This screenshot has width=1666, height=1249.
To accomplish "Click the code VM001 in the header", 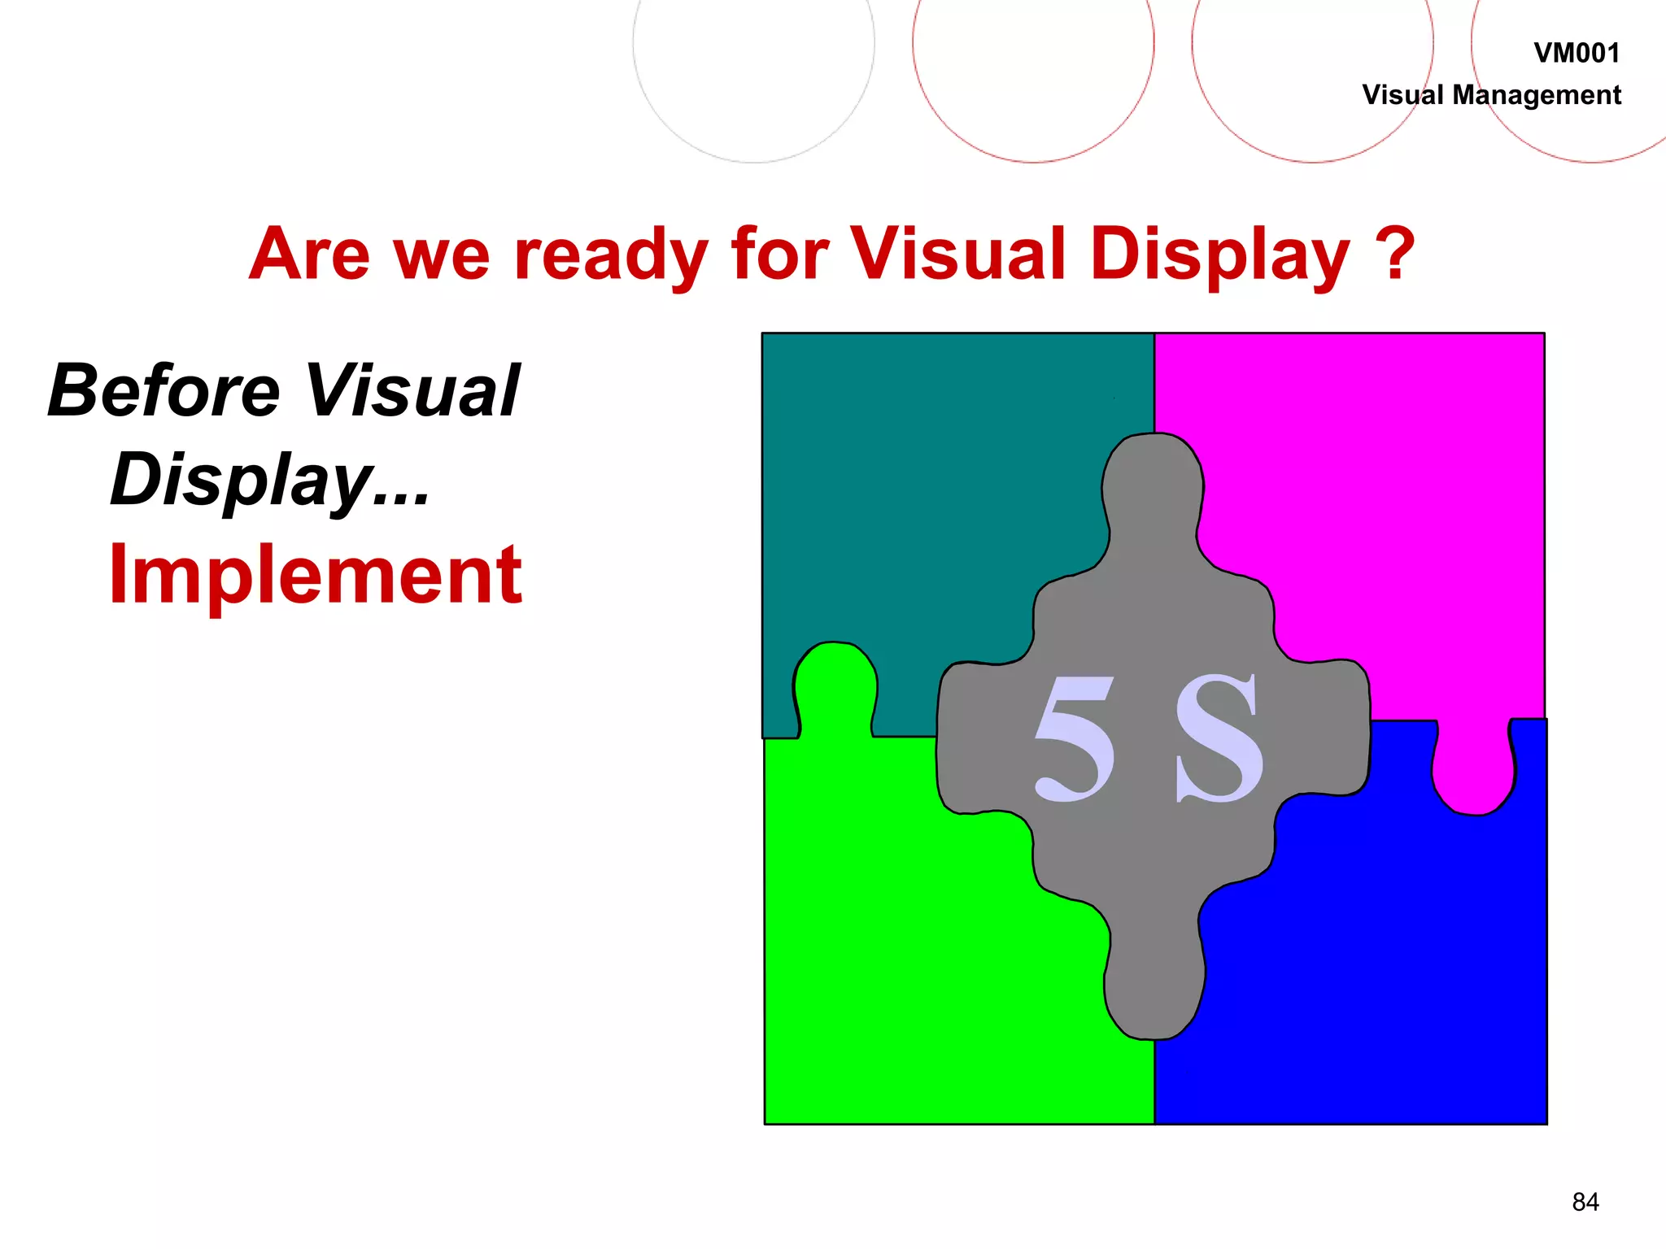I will (1576, 54).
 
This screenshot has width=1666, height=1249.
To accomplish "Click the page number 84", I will (1585, 1202).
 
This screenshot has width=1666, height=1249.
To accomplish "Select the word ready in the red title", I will (611, 255).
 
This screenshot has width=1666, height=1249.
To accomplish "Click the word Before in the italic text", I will (164, 391).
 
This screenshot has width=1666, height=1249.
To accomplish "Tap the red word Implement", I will (316, 575).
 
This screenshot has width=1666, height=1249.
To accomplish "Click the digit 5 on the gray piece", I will (1075, 738).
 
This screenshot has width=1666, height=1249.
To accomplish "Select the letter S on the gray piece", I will (1219, 738).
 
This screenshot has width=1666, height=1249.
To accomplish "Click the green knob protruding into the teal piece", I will (835, 683).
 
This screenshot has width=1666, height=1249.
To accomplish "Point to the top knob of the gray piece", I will (1152, 488).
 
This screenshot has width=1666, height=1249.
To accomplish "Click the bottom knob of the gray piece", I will (1154, 988).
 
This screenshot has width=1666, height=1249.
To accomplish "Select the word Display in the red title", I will (1219, 255).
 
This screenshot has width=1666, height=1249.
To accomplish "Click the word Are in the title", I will (310, 254).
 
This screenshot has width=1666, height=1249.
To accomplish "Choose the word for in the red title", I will (779, 254).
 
